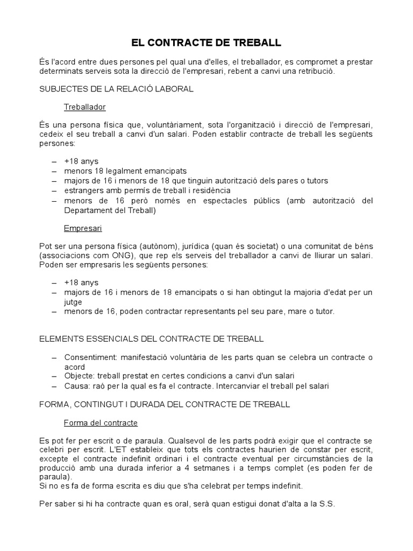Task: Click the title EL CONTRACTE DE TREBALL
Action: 206,42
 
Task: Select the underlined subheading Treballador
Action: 84,107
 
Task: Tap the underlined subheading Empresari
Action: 83,228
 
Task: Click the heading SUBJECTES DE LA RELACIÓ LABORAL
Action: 116,89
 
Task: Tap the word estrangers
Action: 83,190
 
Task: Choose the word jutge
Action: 73,302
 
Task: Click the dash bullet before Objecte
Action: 54,376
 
